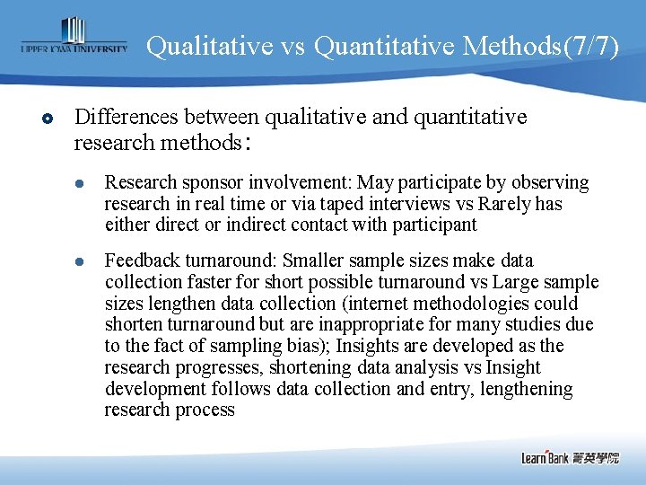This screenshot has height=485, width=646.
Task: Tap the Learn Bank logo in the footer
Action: point(570,457)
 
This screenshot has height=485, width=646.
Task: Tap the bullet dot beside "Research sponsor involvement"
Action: point(77,184)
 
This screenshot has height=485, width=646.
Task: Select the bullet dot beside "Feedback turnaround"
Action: point(77,261)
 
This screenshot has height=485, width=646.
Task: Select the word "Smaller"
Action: point(313,260)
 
